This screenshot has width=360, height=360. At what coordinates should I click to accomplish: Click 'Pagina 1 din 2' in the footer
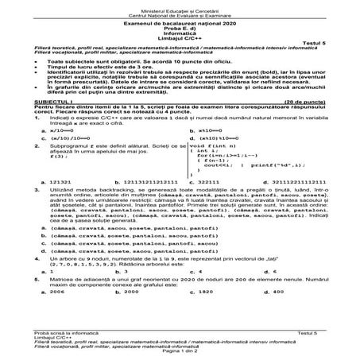tap(180, 350)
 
